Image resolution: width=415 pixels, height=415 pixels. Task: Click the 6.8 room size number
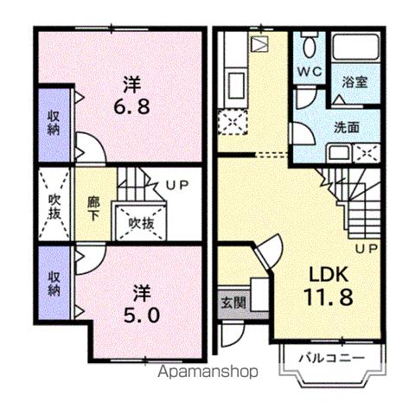(131, 107)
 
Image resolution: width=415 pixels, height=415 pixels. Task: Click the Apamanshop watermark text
(204, 373)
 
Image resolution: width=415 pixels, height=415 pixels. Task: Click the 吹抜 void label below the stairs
(141, 222)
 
